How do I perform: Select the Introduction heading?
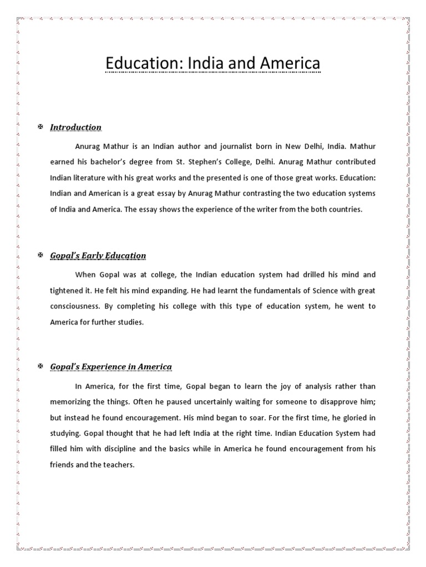point(75,127)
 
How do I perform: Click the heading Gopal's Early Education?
point(98,256)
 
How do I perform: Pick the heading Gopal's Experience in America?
point(111,367)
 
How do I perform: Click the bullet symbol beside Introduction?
point(40,127)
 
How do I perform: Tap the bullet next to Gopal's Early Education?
point(40,255)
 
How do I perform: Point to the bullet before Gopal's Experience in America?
point(40,367)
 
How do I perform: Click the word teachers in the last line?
point(118,465)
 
